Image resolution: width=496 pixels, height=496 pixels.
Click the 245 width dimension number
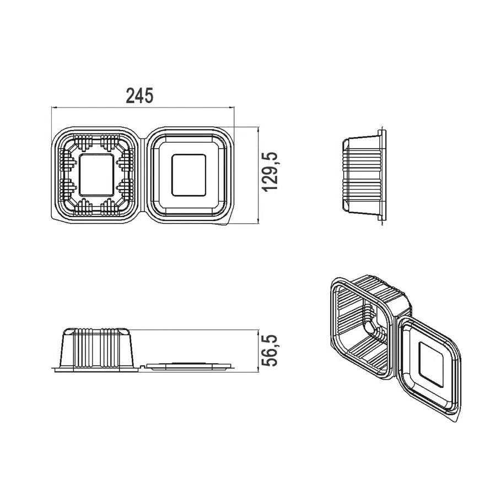[x=139, y=95]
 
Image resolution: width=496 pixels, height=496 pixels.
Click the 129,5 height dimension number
[x=271, y=171]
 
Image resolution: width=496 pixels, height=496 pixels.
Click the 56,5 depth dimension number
[x=271, y=351]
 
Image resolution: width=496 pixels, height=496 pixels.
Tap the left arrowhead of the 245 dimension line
[x=54, y=108]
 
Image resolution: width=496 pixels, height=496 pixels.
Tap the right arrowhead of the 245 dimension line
[x=232, y=108]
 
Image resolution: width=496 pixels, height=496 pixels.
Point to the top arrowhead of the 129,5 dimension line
[x=258, y=130]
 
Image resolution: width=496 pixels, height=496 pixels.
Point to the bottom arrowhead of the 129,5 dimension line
[x=258, y=222]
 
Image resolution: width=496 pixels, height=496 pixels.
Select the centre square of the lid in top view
[x=189, y=175]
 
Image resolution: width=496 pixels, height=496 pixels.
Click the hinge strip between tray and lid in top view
[x=143, y=176]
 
